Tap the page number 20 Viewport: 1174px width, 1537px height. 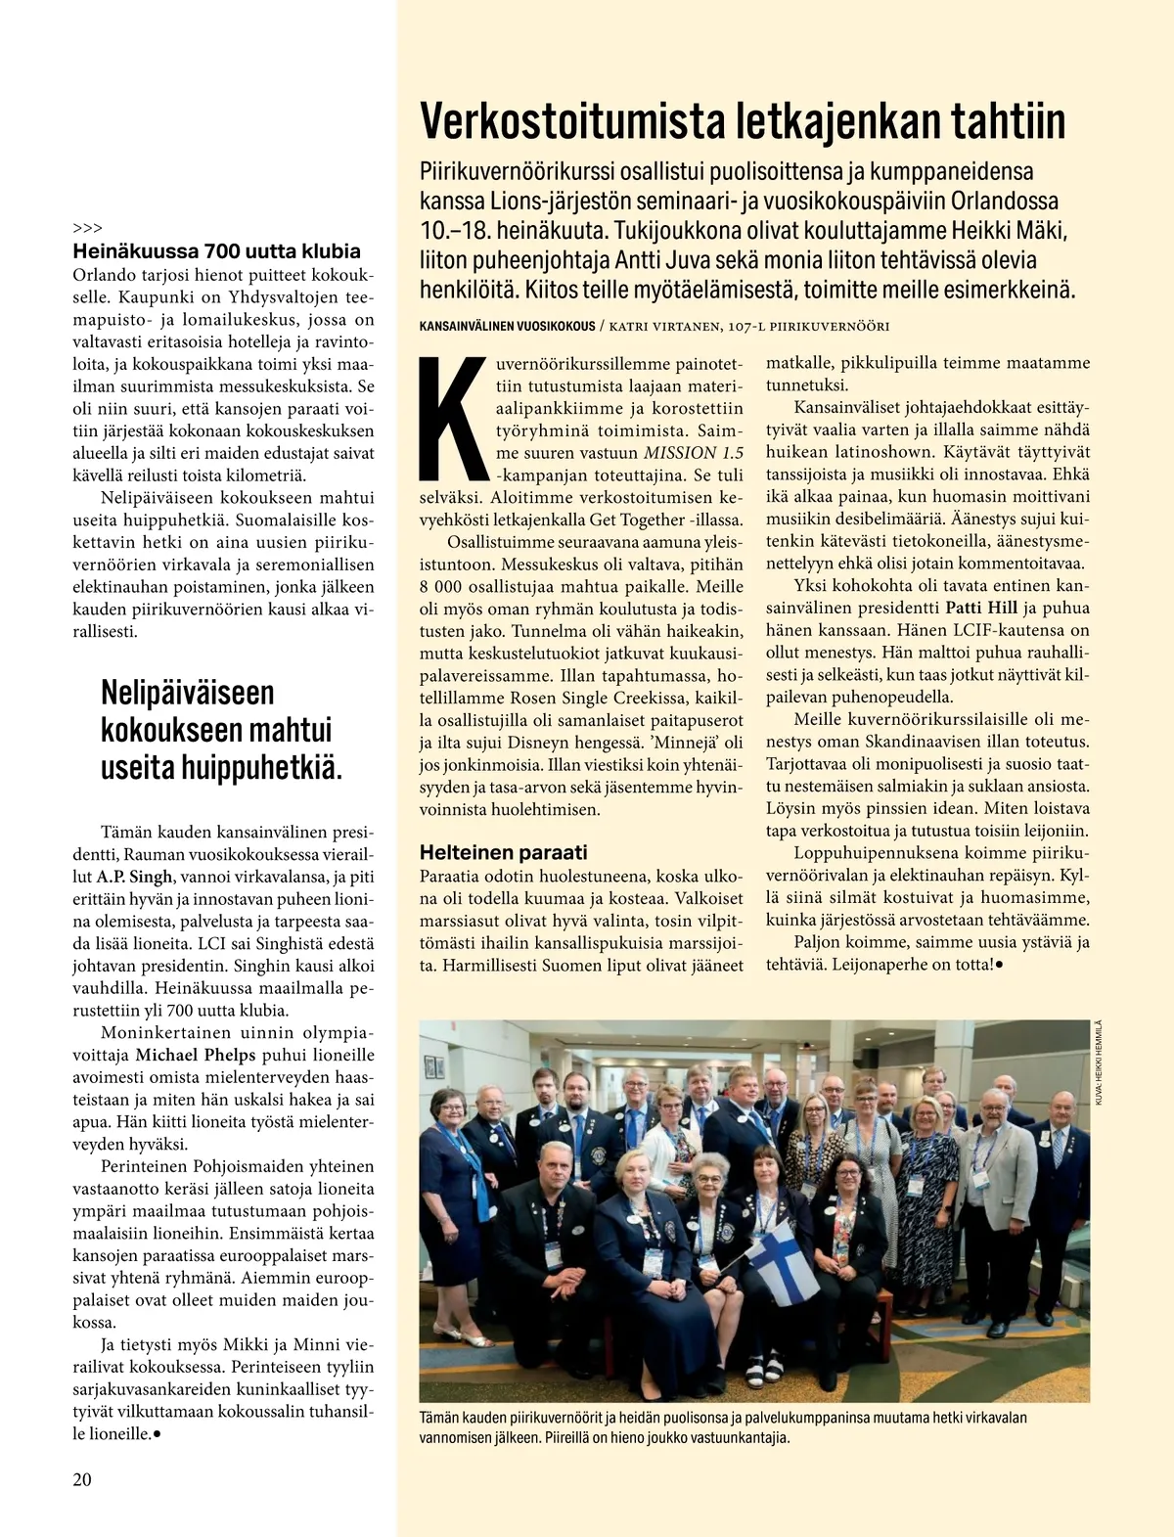82,1478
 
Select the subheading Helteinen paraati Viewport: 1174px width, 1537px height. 503,852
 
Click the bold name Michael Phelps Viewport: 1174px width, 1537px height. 195,1055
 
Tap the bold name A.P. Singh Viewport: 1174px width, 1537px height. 135,877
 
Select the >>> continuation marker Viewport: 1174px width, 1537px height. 87,228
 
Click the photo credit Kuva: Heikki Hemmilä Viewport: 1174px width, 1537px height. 1099,1062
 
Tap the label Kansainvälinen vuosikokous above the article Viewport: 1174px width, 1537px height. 507,326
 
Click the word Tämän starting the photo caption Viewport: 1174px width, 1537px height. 441,1418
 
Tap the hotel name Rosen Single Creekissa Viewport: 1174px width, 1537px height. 595,699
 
